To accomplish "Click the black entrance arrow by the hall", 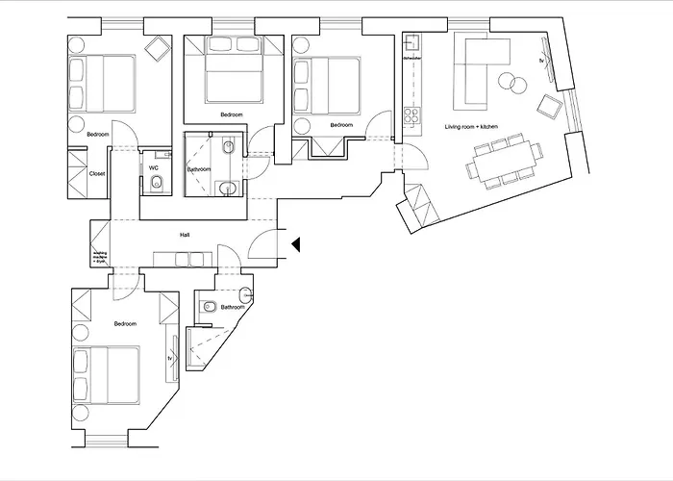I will (297, 245).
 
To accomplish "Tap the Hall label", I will (184, 234).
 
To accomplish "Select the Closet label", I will (97, 174).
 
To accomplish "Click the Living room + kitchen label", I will (468, 127).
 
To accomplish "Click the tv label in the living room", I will (542, 61).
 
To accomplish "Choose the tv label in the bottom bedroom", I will (170, 359).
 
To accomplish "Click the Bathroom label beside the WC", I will (199, 169).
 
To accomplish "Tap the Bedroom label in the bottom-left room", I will (126, 324).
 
